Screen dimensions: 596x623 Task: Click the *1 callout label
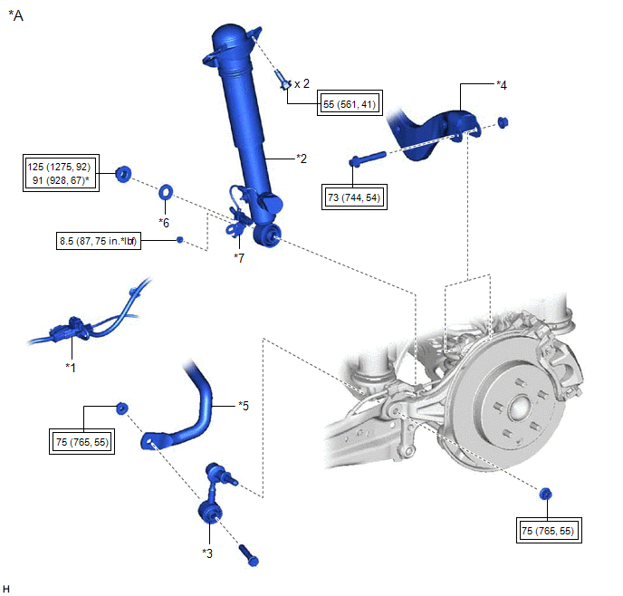(x=71, y=367)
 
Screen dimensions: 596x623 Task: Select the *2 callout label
(x=302, y=159)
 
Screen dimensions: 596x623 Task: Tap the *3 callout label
(x=207, y=551)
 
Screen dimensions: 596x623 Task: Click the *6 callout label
(x=164, y=222)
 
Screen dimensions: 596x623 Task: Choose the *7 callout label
(x=238, y=258)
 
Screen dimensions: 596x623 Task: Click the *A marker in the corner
(x=15, y=15)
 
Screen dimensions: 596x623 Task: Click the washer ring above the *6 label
(x=167, y=192)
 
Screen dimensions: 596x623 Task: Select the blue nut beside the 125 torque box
(x=124, y=171)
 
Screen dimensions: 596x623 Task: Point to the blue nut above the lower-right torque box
(x=545, y=494)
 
